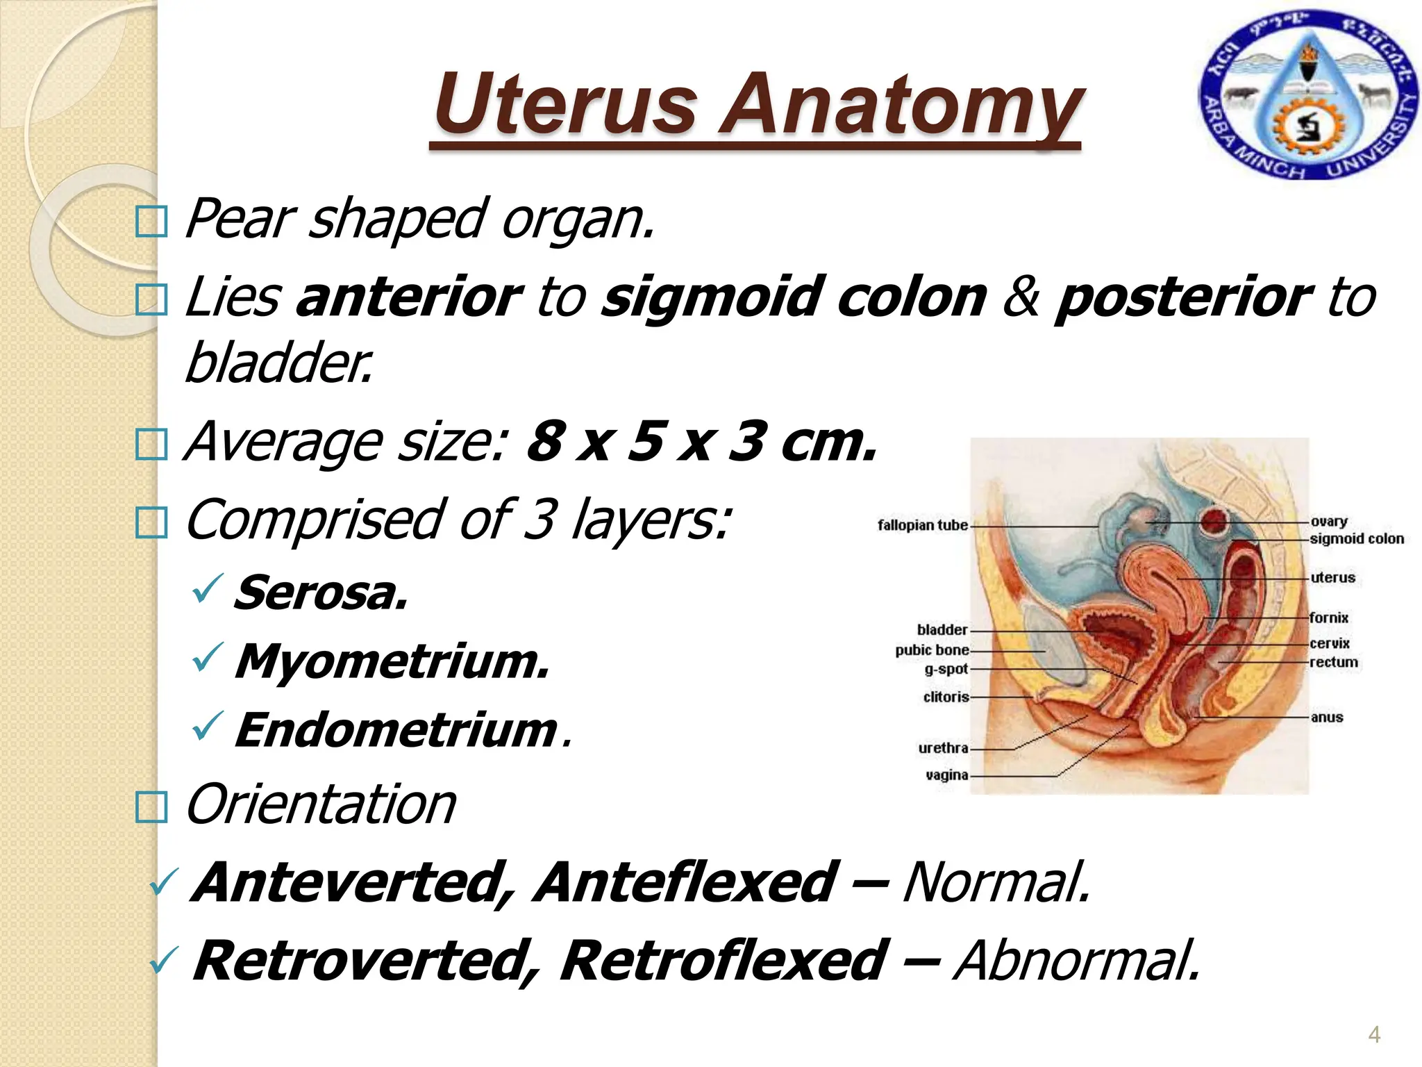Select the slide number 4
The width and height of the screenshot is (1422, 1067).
(x=1373, y=1035)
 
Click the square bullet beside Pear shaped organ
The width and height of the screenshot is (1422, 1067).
(x=151, y=223)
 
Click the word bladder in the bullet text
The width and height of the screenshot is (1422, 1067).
(x=278, y=363)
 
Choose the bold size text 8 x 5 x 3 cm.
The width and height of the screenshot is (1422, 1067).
(x=701, y=442)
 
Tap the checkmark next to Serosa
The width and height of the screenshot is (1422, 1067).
(x=207, y=588)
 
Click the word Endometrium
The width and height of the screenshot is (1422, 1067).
(x=396, y=730)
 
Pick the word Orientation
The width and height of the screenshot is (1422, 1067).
(x=321, y=804)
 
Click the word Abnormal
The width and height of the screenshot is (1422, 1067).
(x=1076, y=961)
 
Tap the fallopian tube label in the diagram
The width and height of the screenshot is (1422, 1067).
(x=922, y=525)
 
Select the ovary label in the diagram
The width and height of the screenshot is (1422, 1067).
(x=1329, y=522)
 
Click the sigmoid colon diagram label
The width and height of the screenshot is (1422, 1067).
(x=1357, y=539)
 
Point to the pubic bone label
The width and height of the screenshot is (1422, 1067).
(x=932, y=650)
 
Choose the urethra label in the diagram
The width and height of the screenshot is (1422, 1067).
(x=943, y=748)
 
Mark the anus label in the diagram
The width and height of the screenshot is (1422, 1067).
(x=1327, y=718)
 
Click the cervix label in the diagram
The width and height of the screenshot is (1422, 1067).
(x=1330, y=643)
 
